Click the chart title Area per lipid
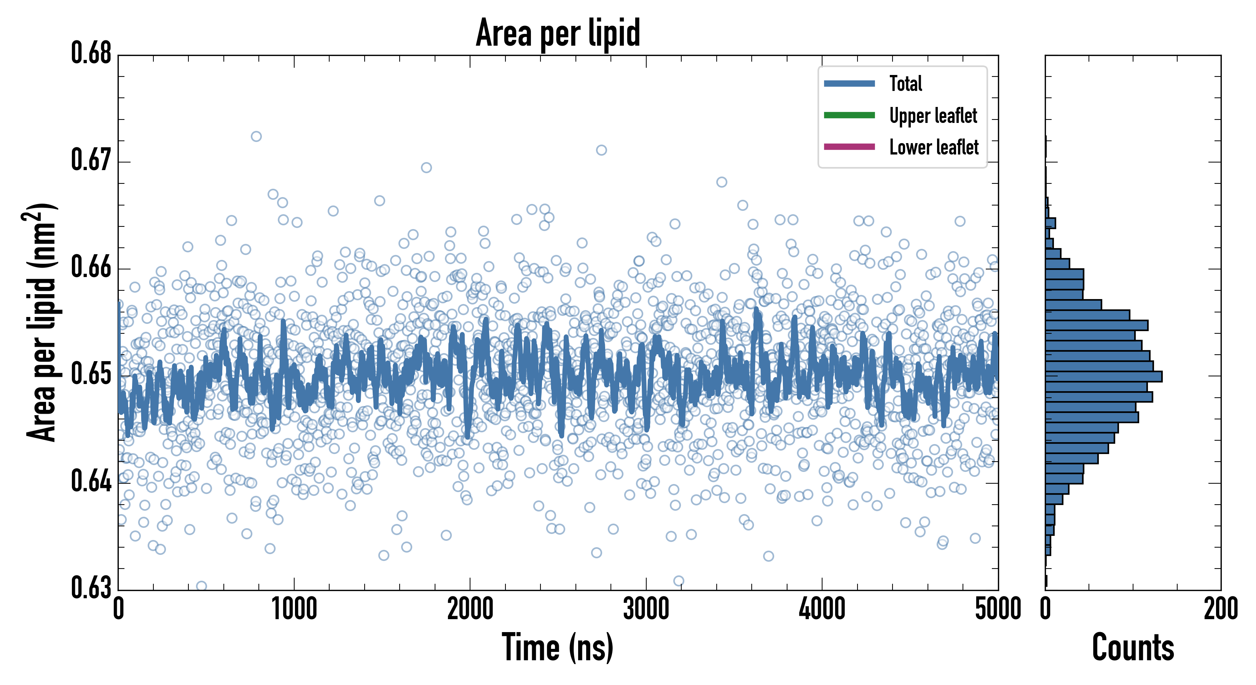558,33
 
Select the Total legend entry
905,83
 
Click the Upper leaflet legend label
933,116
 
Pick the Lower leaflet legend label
934,147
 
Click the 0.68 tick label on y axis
91,53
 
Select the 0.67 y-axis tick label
91,160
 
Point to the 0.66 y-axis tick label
91,267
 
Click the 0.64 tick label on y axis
91,481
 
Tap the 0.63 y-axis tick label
91,588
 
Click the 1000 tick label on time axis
294,609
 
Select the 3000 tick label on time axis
646,609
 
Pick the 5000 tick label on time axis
998,609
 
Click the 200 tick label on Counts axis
1220,609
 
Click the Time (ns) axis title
558,647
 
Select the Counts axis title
1133,647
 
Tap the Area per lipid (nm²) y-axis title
41,322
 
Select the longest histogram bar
1103,376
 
